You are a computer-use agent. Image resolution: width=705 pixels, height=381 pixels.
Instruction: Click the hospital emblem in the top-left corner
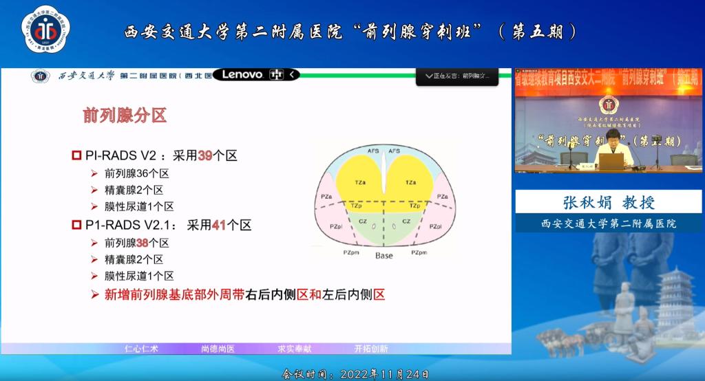click(45, 31)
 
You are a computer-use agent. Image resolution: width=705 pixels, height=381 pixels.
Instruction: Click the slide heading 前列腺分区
click(125, 115)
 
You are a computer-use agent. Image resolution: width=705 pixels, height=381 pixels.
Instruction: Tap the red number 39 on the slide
click(205, 156)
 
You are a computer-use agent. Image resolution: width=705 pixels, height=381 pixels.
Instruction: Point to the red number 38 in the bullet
click(143, 243)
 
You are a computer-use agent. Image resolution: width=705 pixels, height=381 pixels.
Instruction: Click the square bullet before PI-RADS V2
click(77, 156)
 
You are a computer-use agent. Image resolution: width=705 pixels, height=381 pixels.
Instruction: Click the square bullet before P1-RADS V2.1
click(77, 225)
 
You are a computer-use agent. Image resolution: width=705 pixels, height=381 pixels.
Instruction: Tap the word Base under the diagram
click(384, 255)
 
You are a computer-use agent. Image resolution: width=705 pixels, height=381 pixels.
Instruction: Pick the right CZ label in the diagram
click(406, 221)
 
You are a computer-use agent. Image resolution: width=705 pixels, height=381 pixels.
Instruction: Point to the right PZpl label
click(435, 226)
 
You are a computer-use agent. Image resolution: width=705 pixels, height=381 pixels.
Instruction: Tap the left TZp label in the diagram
click(357, 206)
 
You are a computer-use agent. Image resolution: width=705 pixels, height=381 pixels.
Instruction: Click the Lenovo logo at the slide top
click(242, 74)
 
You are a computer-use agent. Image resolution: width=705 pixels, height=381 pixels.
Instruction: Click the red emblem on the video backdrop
click(609, 106)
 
